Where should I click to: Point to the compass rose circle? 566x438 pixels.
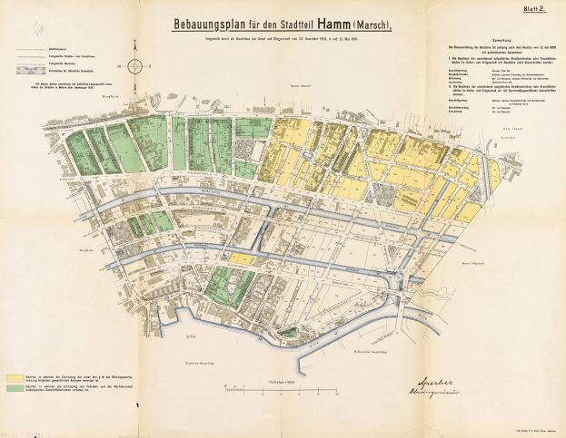[135, 65]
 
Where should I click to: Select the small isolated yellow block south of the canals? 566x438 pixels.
[240, 258]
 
